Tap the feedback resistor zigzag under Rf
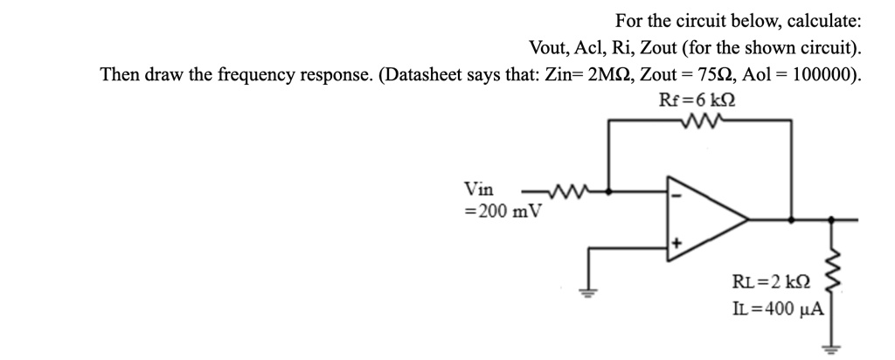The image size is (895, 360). [698, 121]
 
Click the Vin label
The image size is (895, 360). [478, 190]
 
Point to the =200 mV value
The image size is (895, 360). [503, 211]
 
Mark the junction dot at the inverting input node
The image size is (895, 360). [609, 190]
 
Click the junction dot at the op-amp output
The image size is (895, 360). [791, 218]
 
